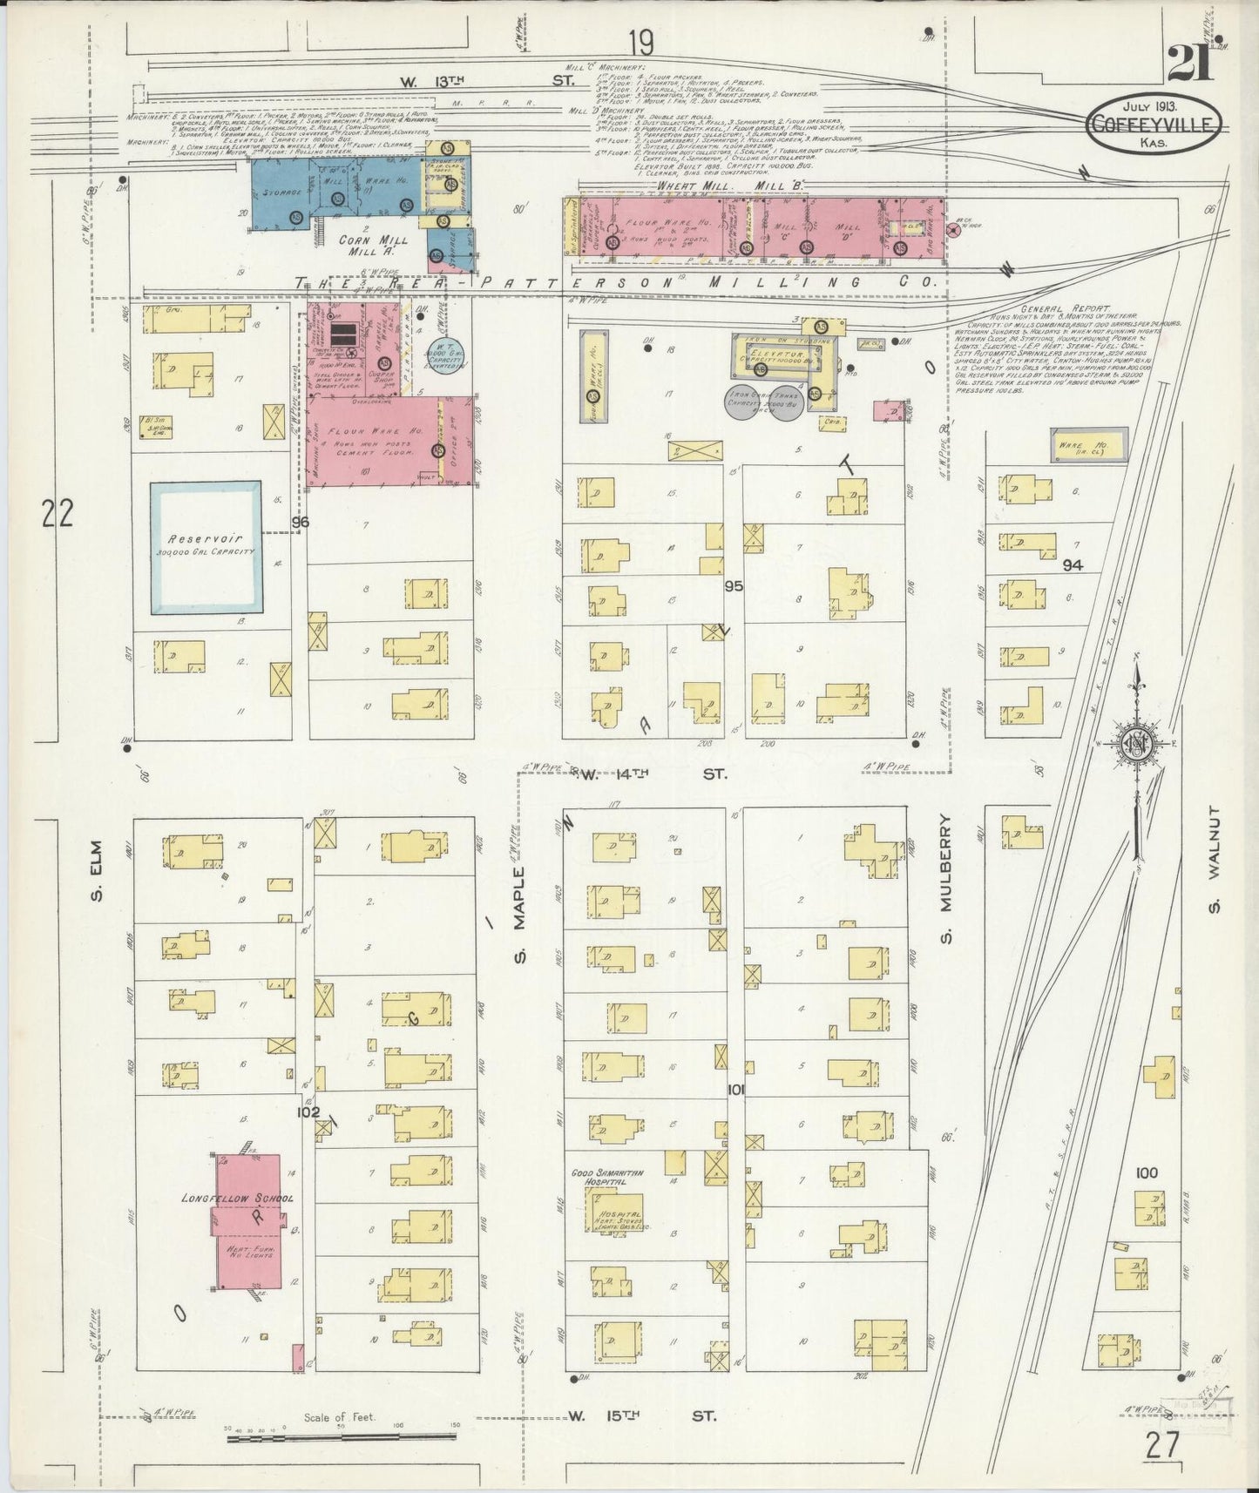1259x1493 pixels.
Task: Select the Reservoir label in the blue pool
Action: coord(206,540)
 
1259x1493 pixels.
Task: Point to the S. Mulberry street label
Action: coord(949,880)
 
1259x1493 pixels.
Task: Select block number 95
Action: coord(734,586)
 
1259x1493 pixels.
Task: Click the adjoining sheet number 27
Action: coord(1162,1444)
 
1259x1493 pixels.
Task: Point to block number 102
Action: coord(308,1111)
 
